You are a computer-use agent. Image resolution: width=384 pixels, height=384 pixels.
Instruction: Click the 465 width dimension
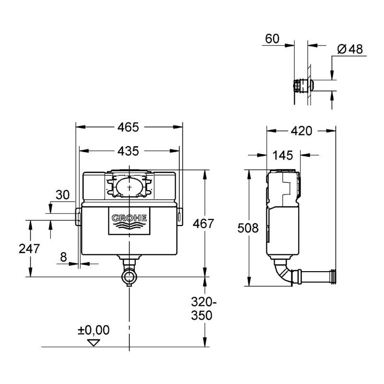pyautogui.click(x=128, y=127)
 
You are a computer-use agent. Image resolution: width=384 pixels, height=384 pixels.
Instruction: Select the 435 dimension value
pyautogui.click(x=128, y=151)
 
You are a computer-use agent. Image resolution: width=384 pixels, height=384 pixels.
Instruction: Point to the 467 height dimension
pyautogui.click(x=202, y=223)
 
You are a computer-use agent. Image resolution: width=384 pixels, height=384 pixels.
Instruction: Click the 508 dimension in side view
pyautogui.click(x=248, y=228)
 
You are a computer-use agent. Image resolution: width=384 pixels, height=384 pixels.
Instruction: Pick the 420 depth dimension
pyautogui.click(x=302, y=131)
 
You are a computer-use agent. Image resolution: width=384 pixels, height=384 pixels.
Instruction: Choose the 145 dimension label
pyautogui.click(x=283, y=155)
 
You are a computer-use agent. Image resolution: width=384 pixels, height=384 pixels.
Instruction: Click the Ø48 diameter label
pyautogui.click(x=350, y=49)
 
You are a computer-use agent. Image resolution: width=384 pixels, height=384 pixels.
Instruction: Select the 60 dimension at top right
pyautogui.click(x=272, y=39)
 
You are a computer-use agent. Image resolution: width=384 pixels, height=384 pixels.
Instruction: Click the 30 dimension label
pyautogui.click(x=62, y=195)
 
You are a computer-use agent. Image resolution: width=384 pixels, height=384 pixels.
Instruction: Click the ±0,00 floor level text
pyautogui.click(x=94, y=330)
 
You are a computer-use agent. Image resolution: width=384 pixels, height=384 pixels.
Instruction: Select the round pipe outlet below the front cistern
pyautogui.click(x=129, y=276)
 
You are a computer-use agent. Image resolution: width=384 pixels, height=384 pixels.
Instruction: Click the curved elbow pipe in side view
pyautogui.click(x=282, y=272)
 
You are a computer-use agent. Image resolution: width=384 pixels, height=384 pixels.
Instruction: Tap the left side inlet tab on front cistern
pyautogui.click(x=77, y=216)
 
